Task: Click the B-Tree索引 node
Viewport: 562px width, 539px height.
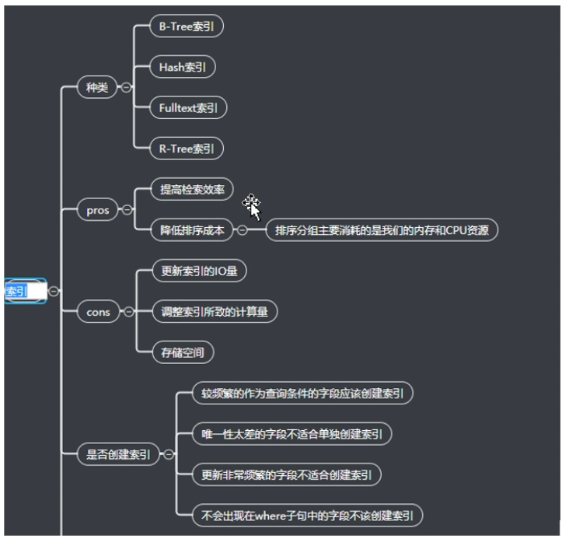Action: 187,26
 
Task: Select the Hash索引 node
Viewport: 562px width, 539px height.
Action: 183,67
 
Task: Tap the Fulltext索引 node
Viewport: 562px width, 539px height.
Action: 188,107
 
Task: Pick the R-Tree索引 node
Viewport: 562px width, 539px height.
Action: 187,148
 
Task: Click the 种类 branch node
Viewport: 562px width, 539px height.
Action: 97,88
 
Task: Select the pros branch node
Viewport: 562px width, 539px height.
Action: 98,210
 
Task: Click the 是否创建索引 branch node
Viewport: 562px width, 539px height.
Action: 118,454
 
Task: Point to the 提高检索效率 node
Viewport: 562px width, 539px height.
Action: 191,189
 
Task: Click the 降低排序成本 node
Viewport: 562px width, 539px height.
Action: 192,229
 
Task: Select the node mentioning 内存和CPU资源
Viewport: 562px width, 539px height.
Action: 382,230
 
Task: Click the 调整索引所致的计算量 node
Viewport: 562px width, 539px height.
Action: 214,312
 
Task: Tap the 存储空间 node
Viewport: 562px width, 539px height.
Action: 182,352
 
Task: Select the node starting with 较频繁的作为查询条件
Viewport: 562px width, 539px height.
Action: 302,393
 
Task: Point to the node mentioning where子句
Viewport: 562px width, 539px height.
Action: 307,514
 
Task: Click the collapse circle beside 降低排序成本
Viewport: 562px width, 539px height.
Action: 243,230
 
